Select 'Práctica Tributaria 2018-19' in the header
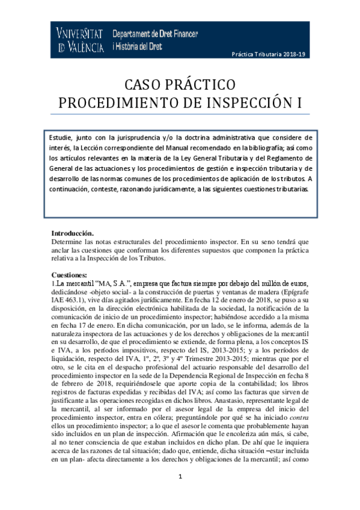pos(269,54)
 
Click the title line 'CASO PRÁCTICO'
pos(180,84)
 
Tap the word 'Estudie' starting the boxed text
pos(62,137)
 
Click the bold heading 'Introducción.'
pos(73,233)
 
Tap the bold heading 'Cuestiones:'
pos(70,274)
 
